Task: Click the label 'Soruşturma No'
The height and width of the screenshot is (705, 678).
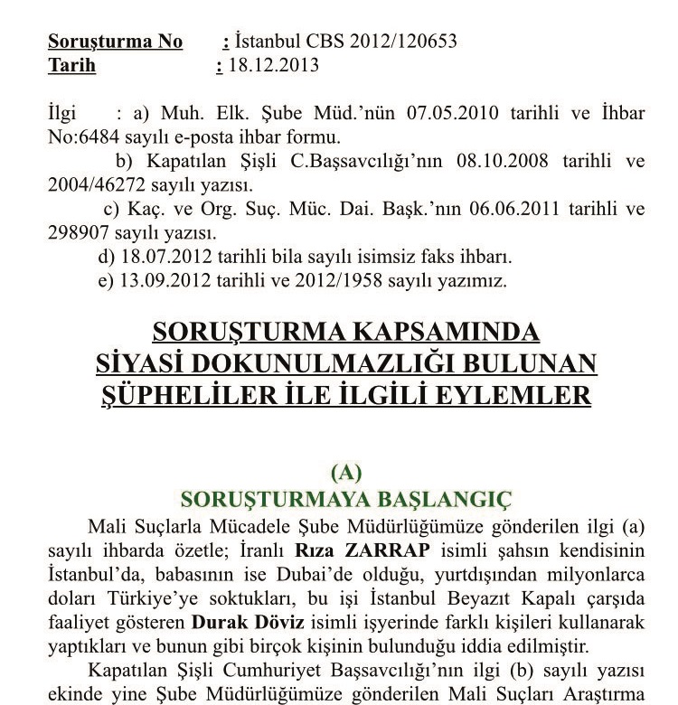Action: click(x=115, y=42)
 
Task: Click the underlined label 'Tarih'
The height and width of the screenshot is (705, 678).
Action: click(x=71, y=65)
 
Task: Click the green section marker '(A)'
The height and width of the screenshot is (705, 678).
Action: click(x=346, y=472)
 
